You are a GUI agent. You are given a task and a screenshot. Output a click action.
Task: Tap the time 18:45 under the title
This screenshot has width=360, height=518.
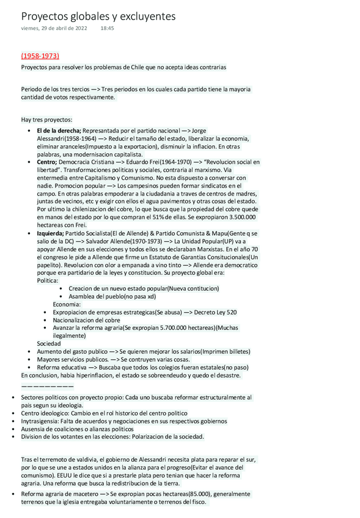108,28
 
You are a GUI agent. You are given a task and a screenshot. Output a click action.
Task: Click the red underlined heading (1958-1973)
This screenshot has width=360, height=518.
40,56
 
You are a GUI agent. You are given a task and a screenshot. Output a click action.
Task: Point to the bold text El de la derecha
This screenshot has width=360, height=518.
59,131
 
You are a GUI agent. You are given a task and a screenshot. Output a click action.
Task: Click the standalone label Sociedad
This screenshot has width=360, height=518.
49,344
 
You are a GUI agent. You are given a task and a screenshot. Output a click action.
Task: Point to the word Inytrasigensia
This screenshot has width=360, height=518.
42,421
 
